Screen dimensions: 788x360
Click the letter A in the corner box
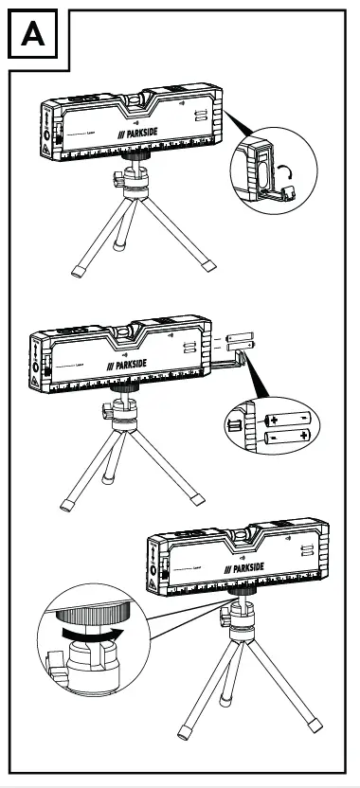pyautogui.click(x=32, y=36)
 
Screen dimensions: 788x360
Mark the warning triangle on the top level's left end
pyautogui.click(x=45, y=151)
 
